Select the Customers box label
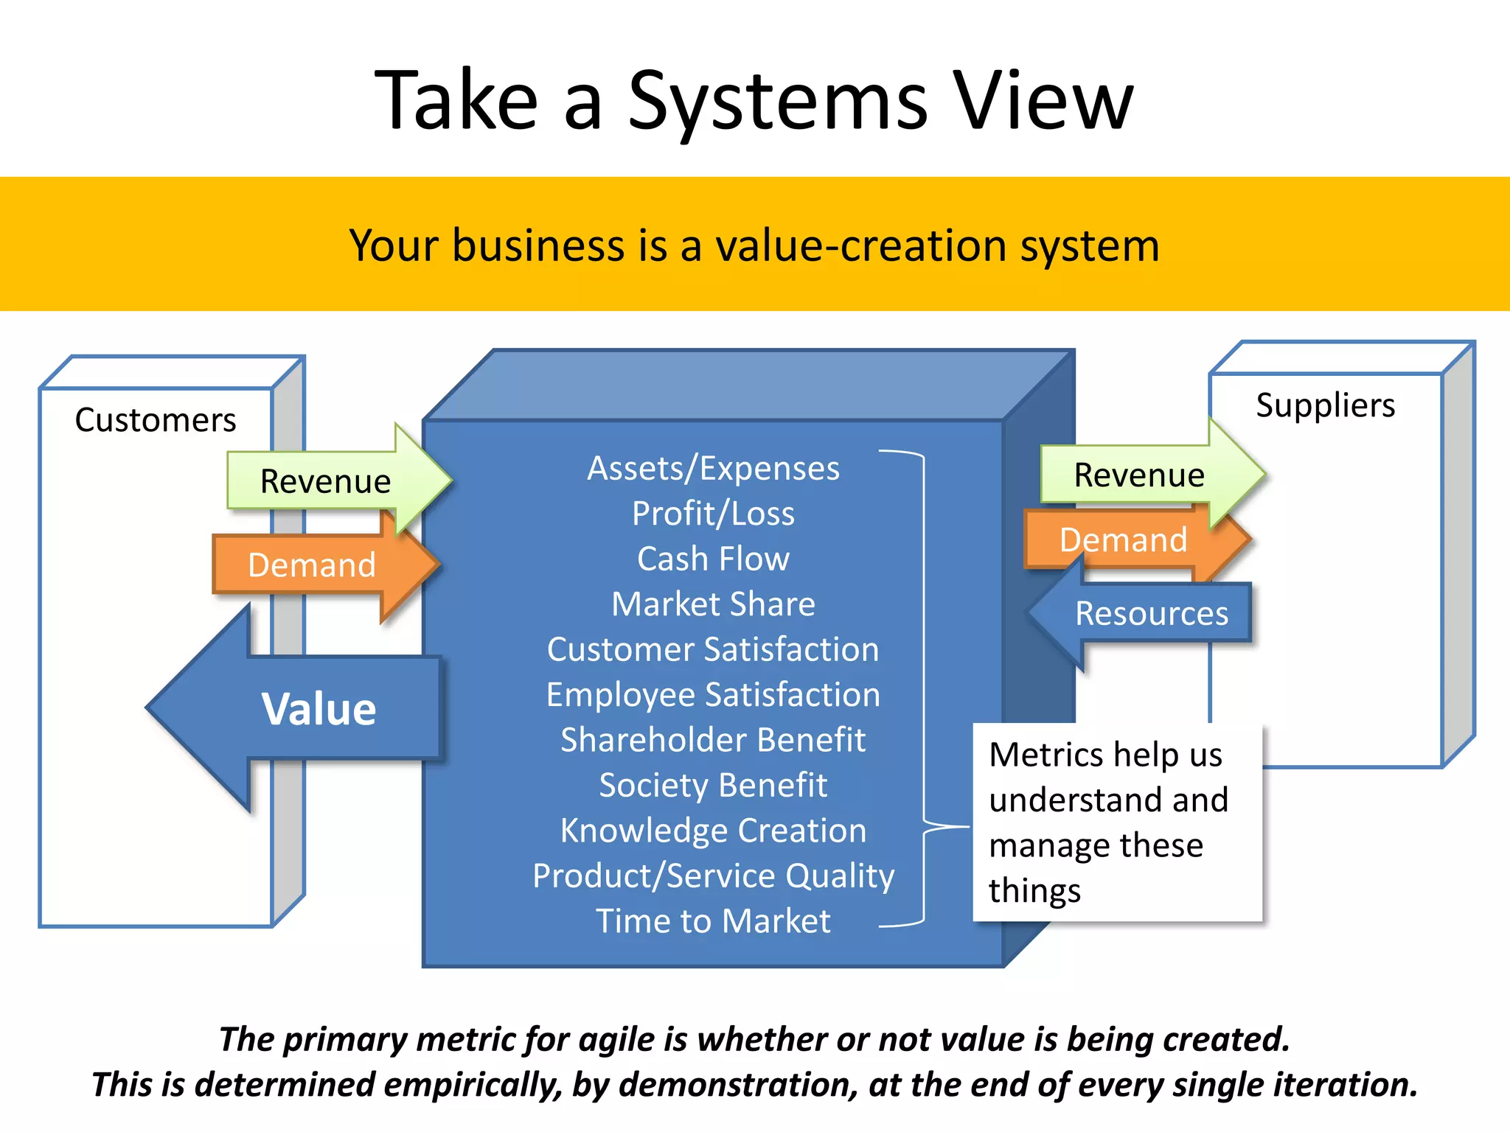coord(156,420)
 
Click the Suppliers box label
coord(1325,405)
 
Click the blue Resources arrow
coord(1151,613)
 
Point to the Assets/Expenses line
coord(713,469)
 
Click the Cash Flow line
coord(713,559)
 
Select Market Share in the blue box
coord(713,604)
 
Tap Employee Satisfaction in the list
coord(713,695)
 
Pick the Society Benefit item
coord(713,786)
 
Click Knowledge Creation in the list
coord(713,831)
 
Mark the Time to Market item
coord(713,921)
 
